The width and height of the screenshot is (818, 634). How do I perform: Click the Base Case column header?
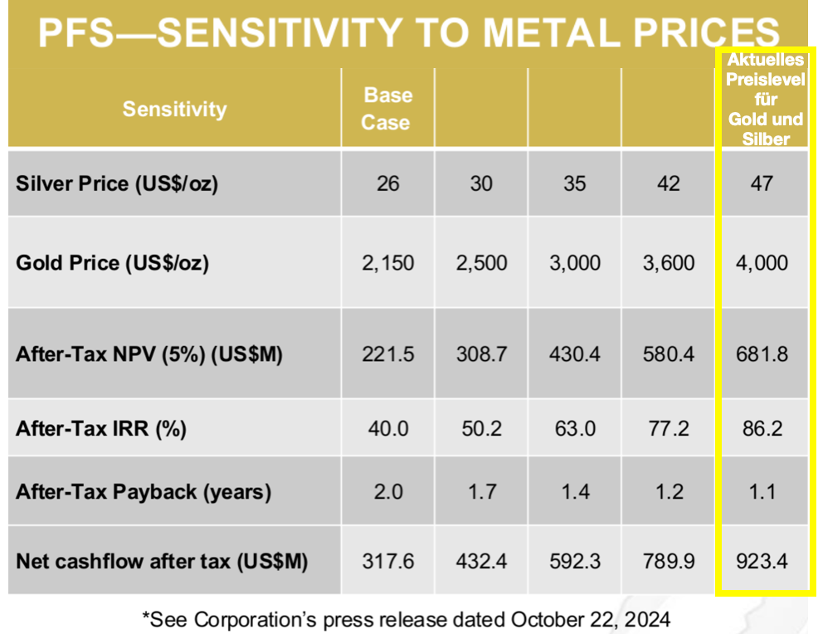pyautogui.click(x=387, y=109)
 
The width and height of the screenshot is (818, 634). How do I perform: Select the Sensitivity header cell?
pyautogui.click(x=174, y=109)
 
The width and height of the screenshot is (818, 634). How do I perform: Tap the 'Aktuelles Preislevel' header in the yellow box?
pyautogui.click(x=765, y=100)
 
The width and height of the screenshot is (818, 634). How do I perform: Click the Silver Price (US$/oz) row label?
pyautogui.click(x=117, y=183)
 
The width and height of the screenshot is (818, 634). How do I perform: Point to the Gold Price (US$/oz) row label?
pyautogui.click(x=113, y=263)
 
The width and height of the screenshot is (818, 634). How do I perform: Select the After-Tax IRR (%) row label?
pyautogui.click(x=101, y=429)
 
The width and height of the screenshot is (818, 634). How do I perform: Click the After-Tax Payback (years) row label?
pyautogui.click(x=144, y=491)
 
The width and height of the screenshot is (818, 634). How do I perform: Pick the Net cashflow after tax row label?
pyautogui.click(x=162, y=561)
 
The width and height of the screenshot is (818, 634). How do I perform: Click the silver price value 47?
pyautogui.click(x=761, y=183)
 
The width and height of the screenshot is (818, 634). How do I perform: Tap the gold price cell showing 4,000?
pyautogui.click(x=761, y=263)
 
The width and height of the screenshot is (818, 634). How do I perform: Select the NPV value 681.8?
pyautogui.click(x=761, y=354)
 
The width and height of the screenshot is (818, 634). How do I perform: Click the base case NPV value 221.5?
pyautogui.click(x=387, y=354)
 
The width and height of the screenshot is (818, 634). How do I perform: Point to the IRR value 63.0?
pyautogui.click(x=574, y=429)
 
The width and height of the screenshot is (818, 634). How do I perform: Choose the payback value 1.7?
pyautogui.click(x=481, y=491)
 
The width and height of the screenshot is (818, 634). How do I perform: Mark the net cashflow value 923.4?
pyautogui.click(x=761, y=561)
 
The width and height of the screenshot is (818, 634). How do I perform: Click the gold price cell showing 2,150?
pyautogui.click(x=387, y=263)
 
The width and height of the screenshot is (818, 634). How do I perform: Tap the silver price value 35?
pyautogui.click(x=574, y=183)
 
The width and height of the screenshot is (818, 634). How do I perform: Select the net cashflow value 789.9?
pyautogui.click(x=668, y=561)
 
